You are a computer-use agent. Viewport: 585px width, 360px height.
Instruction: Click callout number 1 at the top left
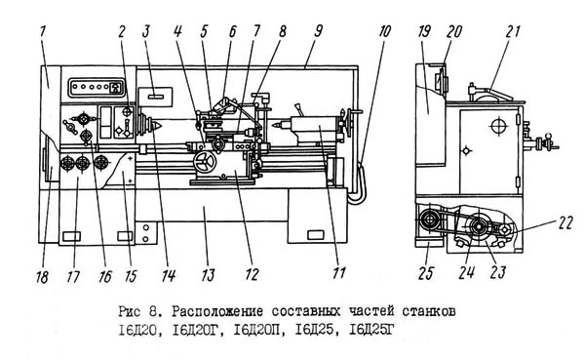pos(42,32)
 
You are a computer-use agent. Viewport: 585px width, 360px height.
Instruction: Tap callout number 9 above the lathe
pos(318,32)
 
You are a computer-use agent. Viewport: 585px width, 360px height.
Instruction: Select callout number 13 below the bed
pos(208,275)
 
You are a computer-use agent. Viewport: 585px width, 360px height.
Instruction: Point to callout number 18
pos(43,277)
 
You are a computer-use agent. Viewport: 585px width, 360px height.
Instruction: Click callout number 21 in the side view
pos(513,32)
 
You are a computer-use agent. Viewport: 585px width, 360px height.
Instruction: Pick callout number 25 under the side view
pos(426,274)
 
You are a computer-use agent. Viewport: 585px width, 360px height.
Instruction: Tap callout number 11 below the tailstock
pos(338,273)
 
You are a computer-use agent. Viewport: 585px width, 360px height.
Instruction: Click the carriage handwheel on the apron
pos(205,163)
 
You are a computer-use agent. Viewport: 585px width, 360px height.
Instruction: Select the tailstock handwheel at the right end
pos(350,123)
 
